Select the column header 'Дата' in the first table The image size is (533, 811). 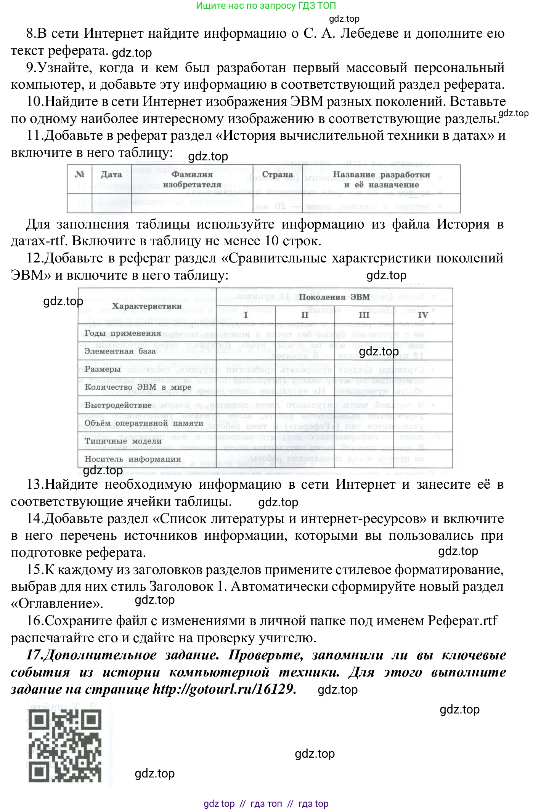(111, 175)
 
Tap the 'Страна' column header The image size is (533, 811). (278, 175)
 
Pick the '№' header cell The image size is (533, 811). (80, 175)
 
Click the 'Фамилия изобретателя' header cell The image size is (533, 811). (192, 179)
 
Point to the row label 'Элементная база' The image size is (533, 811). (120, 351)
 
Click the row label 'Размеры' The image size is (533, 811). (103, 369)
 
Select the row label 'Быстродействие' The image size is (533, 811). (118, 405)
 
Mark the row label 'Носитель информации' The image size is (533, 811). (133, 459)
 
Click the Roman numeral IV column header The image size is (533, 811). (423, 315)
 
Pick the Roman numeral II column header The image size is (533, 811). (305, 315)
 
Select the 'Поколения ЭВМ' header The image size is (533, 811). (334, 297)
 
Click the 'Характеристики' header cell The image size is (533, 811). (147, 306)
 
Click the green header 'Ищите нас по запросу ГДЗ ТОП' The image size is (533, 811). (266, 6)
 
